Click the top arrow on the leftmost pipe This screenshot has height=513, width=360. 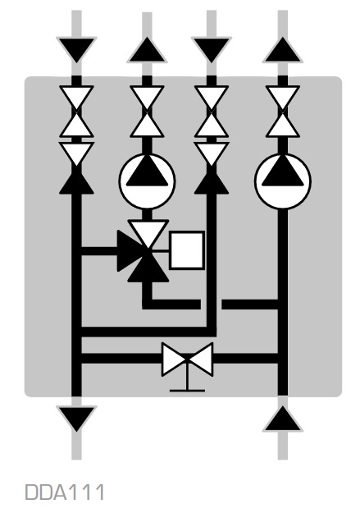point(76,49)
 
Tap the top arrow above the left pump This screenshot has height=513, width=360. point(147,50)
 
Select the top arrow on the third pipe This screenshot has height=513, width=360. point(212,49)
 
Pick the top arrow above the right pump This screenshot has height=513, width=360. point(283,50)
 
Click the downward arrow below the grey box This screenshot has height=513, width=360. point(76,418)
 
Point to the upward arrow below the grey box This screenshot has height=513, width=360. point(283,419)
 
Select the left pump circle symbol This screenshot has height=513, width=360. point(147,181)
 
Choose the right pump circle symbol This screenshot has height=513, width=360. point(283,181)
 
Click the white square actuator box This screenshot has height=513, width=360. point(187,250)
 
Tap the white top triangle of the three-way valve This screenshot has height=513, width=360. point(148,231)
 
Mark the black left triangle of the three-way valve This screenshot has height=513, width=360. point(128,250)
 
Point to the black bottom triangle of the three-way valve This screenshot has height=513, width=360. point(148,270)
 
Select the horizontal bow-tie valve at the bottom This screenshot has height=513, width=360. point(187,359)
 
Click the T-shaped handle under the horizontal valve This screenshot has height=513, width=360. point(187,379)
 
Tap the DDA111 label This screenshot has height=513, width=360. point(65,492)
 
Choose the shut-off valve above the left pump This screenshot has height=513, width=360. point(147,112)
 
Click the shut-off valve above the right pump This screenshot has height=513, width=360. point(283,112)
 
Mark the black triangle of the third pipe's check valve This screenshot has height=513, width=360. point(212,183)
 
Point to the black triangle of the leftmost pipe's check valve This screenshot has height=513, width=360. point(76,183)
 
